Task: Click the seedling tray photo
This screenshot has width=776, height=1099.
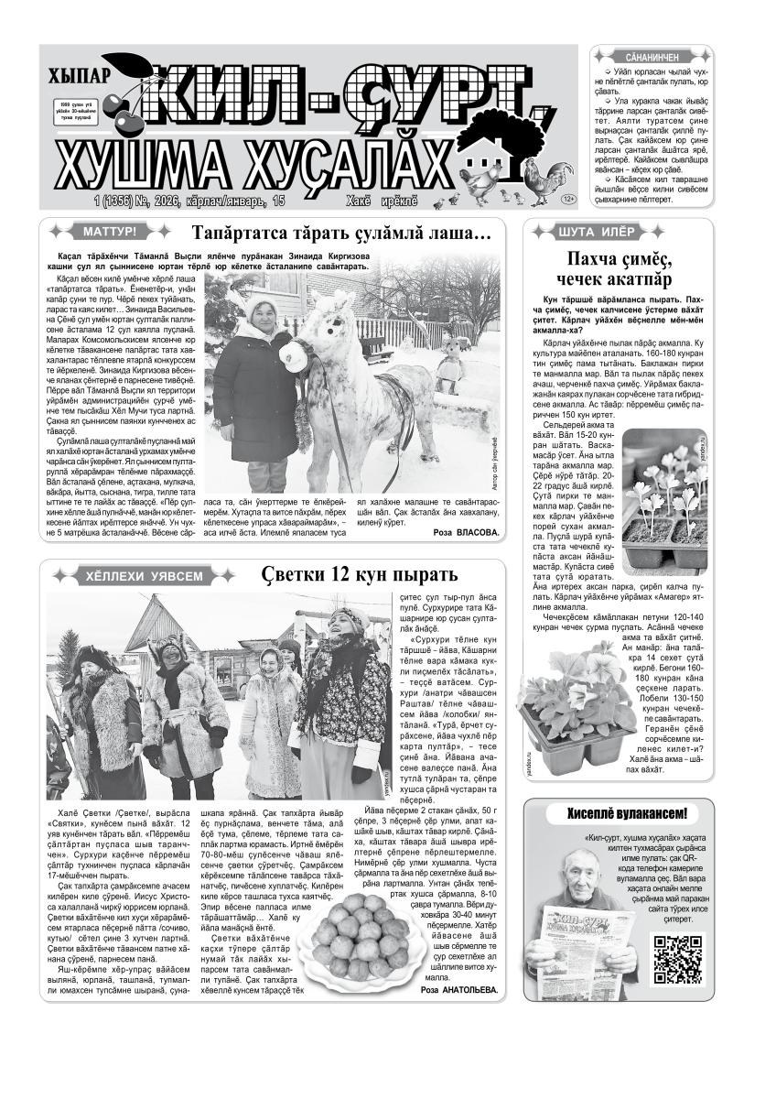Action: click(x=664, y=503)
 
